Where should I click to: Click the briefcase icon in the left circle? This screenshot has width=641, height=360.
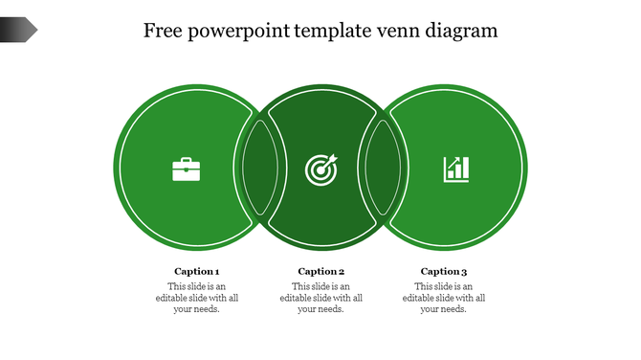pyautogui.click(x=187, y=169)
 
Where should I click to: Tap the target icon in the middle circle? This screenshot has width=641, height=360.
pyautogui.click(x=320, y=169)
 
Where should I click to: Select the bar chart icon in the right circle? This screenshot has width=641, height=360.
pyautogui.click(x=456, y=169)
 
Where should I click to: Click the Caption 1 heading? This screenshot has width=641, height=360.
pyautogui.click(x=197, y=271)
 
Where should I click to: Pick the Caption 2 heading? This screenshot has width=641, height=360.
pyautogui.click(x=321, y=271)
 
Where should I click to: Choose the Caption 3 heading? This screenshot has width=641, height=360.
pyautogui.click(x=444, y=271)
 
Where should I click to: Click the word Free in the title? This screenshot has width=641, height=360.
pyautogui.click(x=163, y=31)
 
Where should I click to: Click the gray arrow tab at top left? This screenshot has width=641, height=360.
pyautogui.click(x=18, y=30)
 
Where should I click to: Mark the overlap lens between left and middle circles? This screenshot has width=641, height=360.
pyautogui.click(x=259, y=169)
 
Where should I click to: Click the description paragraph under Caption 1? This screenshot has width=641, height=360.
pyautogui.click(x=197, y=298)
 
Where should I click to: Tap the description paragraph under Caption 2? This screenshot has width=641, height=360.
pyautogui.click(x=321, y=298)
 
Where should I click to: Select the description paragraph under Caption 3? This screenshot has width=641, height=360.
pyautogui.click(x=444, y=298)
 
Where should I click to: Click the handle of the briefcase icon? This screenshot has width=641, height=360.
pyautogui.click(x=187, y=160)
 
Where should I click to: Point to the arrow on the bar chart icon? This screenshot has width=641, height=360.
pyautogui.click(x=461, y=161)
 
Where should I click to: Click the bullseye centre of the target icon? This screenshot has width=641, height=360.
pyautogui.click(x=320, y=170)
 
